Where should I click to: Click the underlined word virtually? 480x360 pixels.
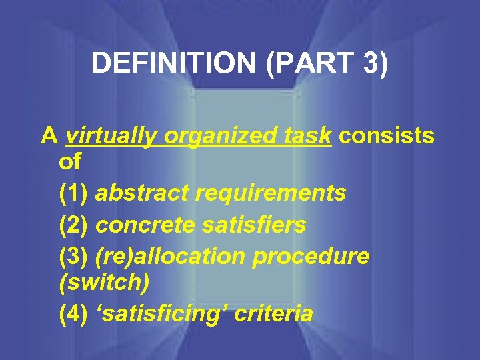pos(111,136)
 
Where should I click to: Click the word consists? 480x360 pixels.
pos(387,136)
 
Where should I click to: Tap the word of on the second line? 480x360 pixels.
pos(70,162)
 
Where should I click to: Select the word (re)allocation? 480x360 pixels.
pos(173,257)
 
